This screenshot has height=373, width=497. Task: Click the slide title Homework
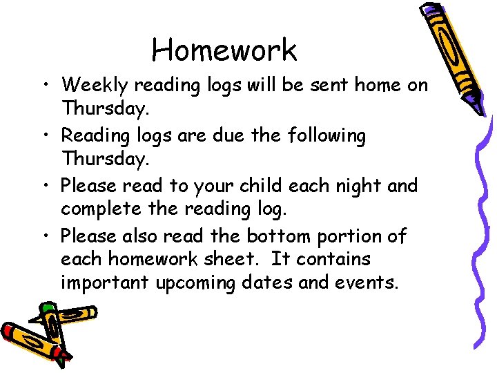click(x=224, y=50)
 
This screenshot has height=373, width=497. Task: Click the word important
click(x=103, y=284)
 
